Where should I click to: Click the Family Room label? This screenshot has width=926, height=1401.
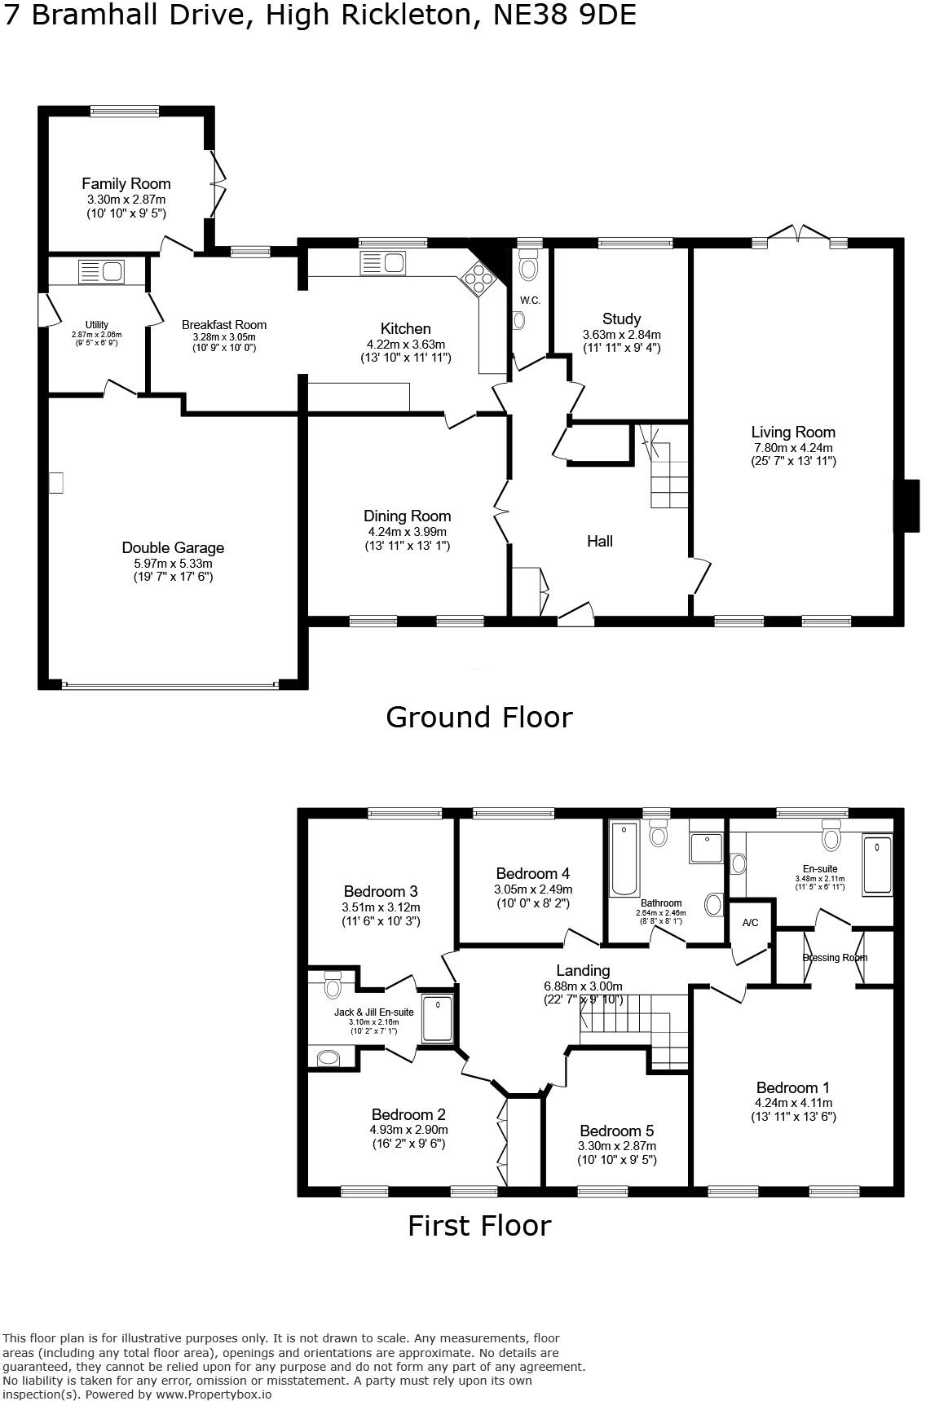(x=126, y=184)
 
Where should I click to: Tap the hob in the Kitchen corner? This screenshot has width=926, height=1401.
(x=478, y=279)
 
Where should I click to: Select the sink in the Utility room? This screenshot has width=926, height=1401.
(x=101, y=271)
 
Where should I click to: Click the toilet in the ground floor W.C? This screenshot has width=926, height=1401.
(x=528, y=268)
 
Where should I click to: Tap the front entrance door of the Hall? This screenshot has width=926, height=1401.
(x=575, y=616)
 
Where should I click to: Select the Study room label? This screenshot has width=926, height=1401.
(x=621, y=318)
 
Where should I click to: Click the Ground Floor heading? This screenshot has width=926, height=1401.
(x=478, y=717)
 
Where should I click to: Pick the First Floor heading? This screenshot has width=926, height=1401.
(x=478, y=1225)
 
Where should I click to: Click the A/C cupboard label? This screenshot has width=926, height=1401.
(x=750, y=923)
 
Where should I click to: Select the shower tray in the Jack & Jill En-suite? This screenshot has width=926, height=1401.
(x=438, y=1017)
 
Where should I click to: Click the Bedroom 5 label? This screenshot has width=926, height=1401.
(x=616, y=1131)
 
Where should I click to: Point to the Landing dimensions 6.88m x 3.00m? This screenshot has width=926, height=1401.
(x=583, y=986)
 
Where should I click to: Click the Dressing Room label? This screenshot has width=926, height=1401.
(x=834, y=958)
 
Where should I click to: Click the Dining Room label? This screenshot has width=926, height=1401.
(x=407, y=516)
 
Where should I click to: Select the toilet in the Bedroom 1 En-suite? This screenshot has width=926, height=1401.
(x=831, y=837)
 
